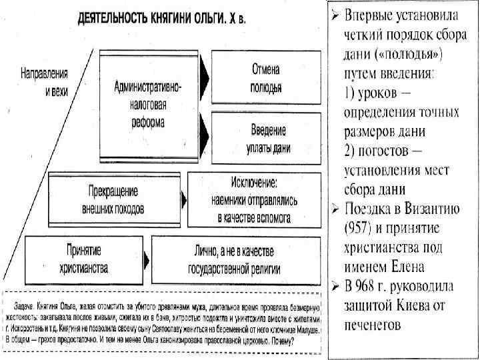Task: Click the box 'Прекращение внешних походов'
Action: point(113,198)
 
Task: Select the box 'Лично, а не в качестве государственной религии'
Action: point(239,259)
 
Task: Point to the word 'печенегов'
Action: point(377,325)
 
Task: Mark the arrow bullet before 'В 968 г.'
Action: point(336,287)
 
